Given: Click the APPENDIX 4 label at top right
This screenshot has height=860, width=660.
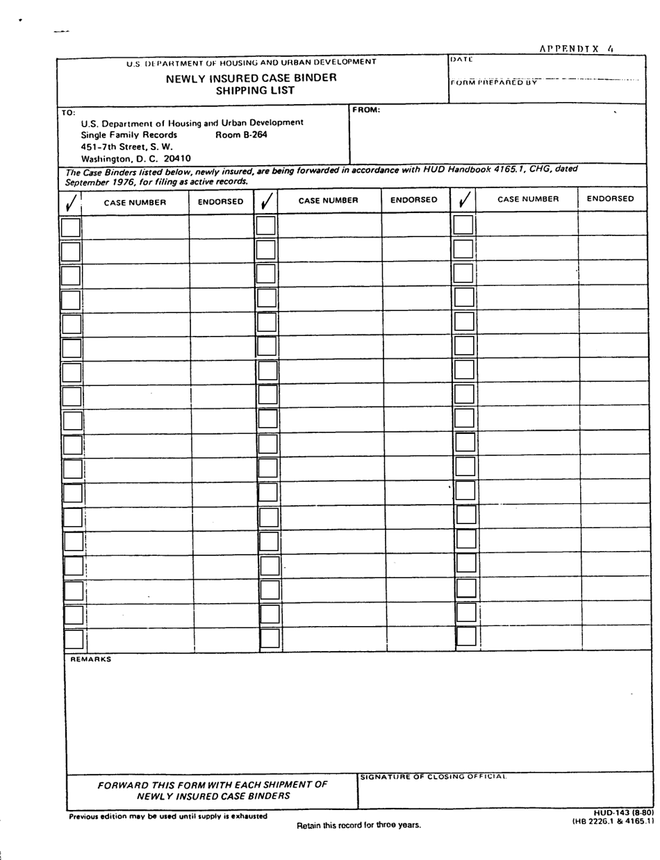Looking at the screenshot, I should (577, 49).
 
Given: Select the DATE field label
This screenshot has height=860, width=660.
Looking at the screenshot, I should (461, 60).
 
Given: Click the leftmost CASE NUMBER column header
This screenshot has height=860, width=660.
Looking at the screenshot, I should (135, 203).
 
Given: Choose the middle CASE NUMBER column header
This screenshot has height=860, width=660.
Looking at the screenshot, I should (328, 201).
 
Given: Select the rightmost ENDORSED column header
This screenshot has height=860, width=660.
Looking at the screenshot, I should (610, 199).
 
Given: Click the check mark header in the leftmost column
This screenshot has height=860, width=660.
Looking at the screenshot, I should (70, 203).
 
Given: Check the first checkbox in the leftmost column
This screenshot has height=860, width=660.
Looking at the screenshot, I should (71, 228).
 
